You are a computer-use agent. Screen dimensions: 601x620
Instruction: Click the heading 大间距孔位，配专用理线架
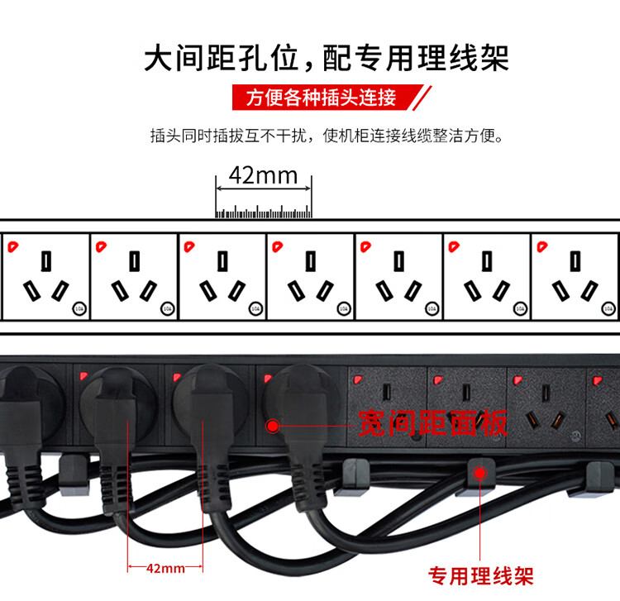pyautogui.click(x=326, y=58)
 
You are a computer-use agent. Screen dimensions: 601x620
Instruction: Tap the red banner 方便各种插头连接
pyautogui.click(x=321, y=98)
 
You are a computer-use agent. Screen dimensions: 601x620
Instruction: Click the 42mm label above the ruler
pyautogui.click(x=263, y=175)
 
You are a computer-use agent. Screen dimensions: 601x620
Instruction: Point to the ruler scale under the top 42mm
pyautogui.click(x=263, y=211)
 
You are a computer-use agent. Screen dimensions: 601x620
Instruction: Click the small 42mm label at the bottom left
pyautogui.click(x=165, y=568)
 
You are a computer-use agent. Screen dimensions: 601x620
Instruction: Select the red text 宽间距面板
pyautogui.click(x=432, y=424)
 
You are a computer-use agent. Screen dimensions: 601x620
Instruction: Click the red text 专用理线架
pyautogui.click(x=479, y=575)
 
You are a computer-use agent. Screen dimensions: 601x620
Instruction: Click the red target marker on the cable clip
pyautogui.click(x=479, y=472)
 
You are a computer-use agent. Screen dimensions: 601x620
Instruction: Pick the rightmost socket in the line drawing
pyautogui.click(x=576, y=276)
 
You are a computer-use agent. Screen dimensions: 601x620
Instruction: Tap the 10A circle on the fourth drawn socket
pyautogui.click(x=343, y=308)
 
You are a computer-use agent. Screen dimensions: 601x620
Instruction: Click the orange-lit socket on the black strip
pyautogui.click(x=544, y=409)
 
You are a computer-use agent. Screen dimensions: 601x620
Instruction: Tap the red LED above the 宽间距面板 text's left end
pyautogui.click(x=356, y=380)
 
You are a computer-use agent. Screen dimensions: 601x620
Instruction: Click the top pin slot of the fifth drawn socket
pyautogui.click(x=399, y=260)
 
